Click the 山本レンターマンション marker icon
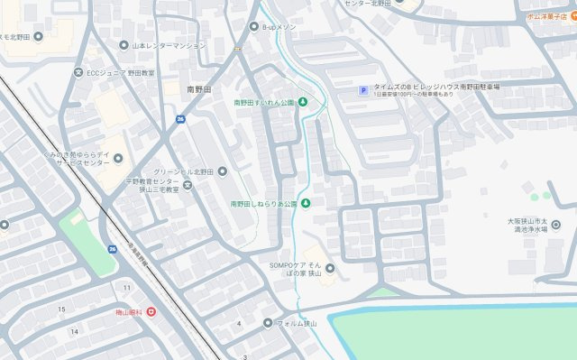[x=124, y=45]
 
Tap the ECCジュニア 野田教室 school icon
[x=78, y=72]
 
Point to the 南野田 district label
[x=198, y=89]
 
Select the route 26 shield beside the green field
[x=112, y=249]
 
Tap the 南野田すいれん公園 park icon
[x=303, y=101]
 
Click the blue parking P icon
[x=363, y=89]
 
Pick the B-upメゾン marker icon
[x=253, y=28]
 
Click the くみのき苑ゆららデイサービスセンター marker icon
[x=118, y=161]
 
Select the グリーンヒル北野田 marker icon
[x=223, y=171]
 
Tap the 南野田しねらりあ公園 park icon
[x=305, y=203]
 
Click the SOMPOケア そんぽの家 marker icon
[x=329, y=268]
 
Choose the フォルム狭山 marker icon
[x=268, y=322]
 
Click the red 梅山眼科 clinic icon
[x=151, y=312]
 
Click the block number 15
[x=61, y=309]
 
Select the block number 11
[x=127, y=287]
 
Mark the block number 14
[x=75, y=331]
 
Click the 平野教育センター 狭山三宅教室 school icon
[x=188, y=186]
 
